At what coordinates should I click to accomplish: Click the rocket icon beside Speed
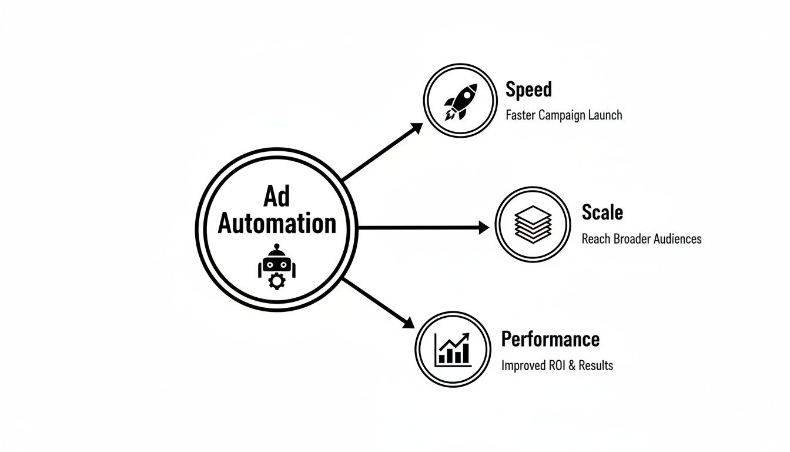(460, 101)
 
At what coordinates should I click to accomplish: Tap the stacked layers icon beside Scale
(533, 224)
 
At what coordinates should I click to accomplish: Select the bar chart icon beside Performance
(452, 349)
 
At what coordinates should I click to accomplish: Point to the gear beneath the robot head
(276, 281)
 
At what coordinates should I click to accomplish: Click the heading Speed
(528, 89)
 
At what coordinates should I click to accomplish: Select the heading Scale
(602, 212)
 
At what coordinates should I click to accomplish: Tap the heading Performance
(550, 339)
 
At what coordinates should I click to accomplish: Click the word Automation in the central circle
(277, 224)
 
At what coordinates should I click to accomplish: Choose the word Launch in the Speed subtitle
(605, 115)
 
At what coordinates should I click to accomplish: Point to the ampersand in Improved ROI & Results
(572, 365)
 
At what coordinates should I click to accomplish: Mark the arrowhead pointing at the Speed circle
(416, 128)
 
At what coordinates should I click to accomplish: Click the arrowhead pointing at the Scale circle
(483, 227)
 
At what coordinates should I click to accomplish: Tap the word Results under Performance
(595, 365)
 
